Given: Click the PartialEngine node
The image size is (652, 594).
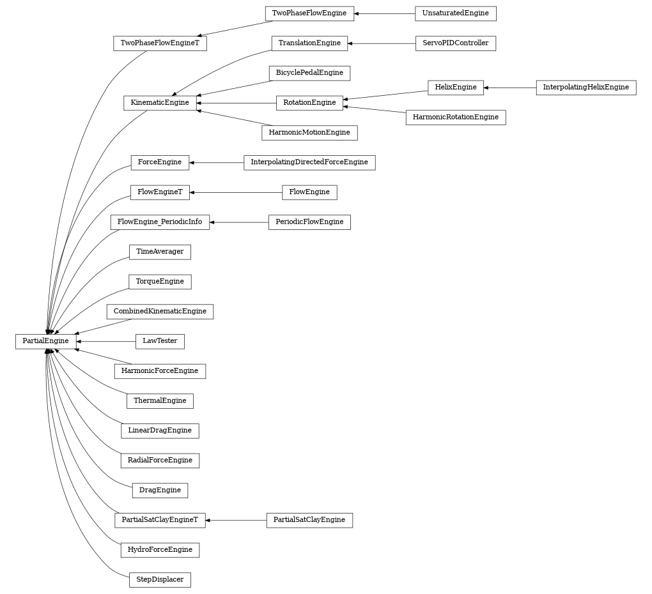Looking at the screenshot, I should click(45, 341).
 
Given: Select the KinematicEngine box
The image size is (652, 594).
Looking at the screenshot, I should click(160, 103).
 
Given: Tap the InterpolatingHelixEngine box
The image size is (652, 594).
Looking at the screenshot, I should click(586, 88).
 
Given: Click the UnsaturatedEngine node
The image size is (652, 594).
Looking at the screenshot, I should click(455, 13).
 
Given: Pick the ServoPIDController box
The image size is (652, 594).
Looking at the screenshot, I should click(455, 43).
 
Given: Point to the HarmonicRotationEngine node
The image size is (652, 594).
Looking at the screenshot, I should click(455, 118).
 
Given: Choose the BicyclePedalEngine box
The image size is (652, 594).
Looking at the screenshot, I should click(309, 73).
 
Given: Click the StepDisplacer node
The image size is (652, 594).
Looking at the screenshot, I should click(160, 580).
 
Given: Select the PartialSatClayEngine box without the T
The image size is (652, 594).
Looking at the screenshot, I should click(309, 520).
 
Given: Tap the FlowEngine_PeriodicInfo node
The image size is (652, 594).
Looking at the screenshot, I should click(160, 222).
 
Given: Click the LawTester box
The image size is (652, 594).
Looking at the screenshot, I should click(160, 341).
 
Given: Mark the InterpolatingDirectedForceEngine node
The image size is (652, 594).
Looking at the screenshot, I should click(309, 162).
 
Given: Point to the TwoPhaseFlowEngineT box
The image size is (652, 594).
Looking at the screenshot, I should click(160, 43).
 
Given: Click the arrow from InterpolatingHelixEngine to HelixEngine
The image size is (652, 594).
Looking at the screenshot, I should click(510, 88).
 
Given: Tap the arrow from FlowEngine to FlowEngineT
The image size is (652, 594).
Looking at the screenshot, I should click(236, 192).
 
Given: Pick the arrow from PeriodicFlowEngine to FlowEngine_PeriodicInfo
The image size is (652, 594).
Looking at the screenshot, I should click(239, 222).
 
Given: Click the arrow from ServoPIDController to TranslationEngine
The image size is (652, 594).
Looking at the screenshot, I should click(382, 43).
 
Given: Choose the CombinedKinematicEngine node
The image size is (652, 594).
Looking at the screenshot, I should click(160, 312).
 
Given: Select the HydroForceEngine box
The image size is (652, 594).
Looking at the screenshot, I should click(160, 550).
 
